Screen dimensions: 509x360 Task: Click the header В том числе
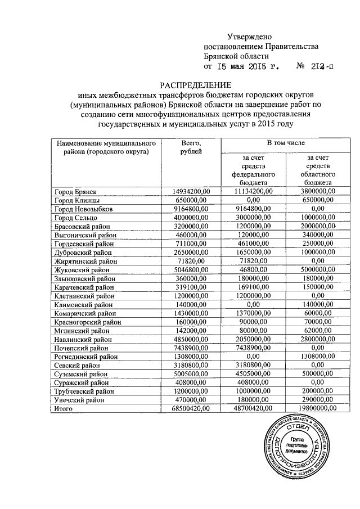[286, 144]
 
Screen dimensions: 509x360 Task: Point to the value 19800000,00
[318, 408]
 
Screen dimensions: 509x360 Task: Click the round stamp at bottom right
[298, 448]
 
